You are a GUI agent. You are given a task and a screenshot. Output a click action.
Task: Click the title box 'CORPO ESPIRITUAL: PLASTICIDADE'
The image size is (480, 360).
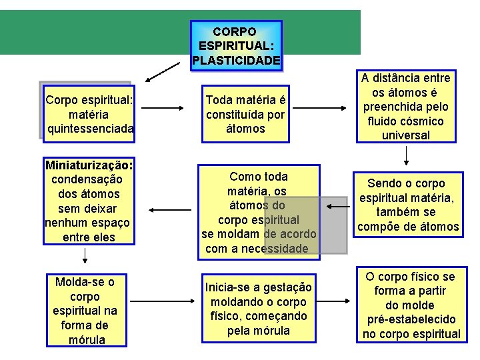(x=236, y=45)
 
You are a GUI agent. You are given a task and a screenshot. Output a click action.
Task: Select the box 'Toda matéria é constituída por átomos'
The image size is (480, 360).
(x=245, y=114)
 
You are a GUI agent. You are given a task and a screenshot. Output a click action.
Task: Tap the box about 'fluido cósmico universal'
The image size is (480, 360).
(x=406, y=107)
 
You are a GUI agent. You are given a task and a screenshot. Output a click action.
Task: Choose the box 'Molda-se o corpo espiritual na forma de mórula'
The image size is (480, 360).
(x=85, y=311)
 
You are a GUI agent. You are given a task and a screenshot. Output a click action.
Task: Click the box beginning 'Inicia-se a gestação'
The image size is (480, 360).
(x=258, y=309)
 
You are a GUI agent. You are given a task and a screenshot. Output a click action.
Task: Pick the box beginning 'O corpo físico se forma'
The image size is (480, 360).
(x=411, y=305)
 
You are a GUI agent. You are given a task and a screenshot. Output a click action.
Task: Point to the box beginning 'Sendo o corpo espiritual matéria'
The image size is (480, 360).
(x=408, y=205)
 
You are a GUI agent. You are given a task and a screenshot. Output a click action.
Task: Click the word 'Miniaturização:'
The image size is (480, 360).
(x=89, y=165)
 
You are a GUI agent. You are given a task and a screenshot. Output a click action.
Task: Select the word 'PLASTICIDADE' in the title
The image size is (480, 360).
(x=236, y=61)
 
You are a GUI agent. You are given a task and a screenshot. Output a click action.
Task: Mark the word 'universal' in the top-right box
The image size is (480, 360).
(x=406, y=135)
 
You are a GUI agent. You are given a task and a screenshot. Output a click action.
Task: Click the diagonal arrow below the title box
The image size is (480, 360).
(x=163, y=71)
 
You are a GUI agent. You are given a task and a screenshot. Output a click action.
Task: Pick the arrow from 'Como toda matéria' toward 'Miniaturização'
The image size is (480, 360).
(x=162, y=209)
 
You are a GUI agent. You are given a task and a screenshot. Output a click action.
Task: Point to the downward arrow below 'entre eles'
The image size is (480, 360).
(x=85, y=255)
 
